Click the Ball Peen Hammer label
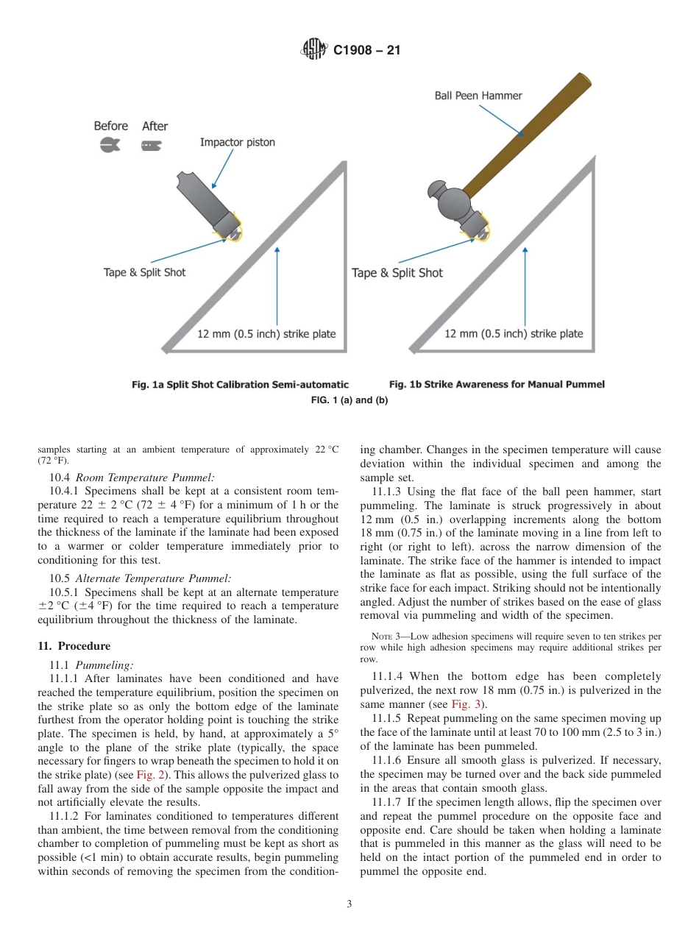pyautogui.click(x=478, y=96)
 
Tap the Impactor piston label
pyautogui.click(x=237, y=142)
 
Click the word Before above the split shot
pyautogui.click(x=110, y=126)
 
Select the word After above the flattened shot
pyautogui.click(x=155, y=126)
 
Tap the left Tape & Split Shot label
pyautogui.click(x=144, y=272)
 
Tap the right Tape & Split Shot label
pyautogui.click(x=397, y=273)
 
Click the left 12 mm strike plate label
pyautogui.click(x=266, y=334)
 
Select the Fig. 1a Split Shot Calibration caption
pyautogui.click(x=240, y=384)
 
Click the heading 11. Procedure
pyautogui.click(x=74, y=646)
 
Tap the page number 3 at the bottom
pyautogui.click(x=349, y=904)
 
